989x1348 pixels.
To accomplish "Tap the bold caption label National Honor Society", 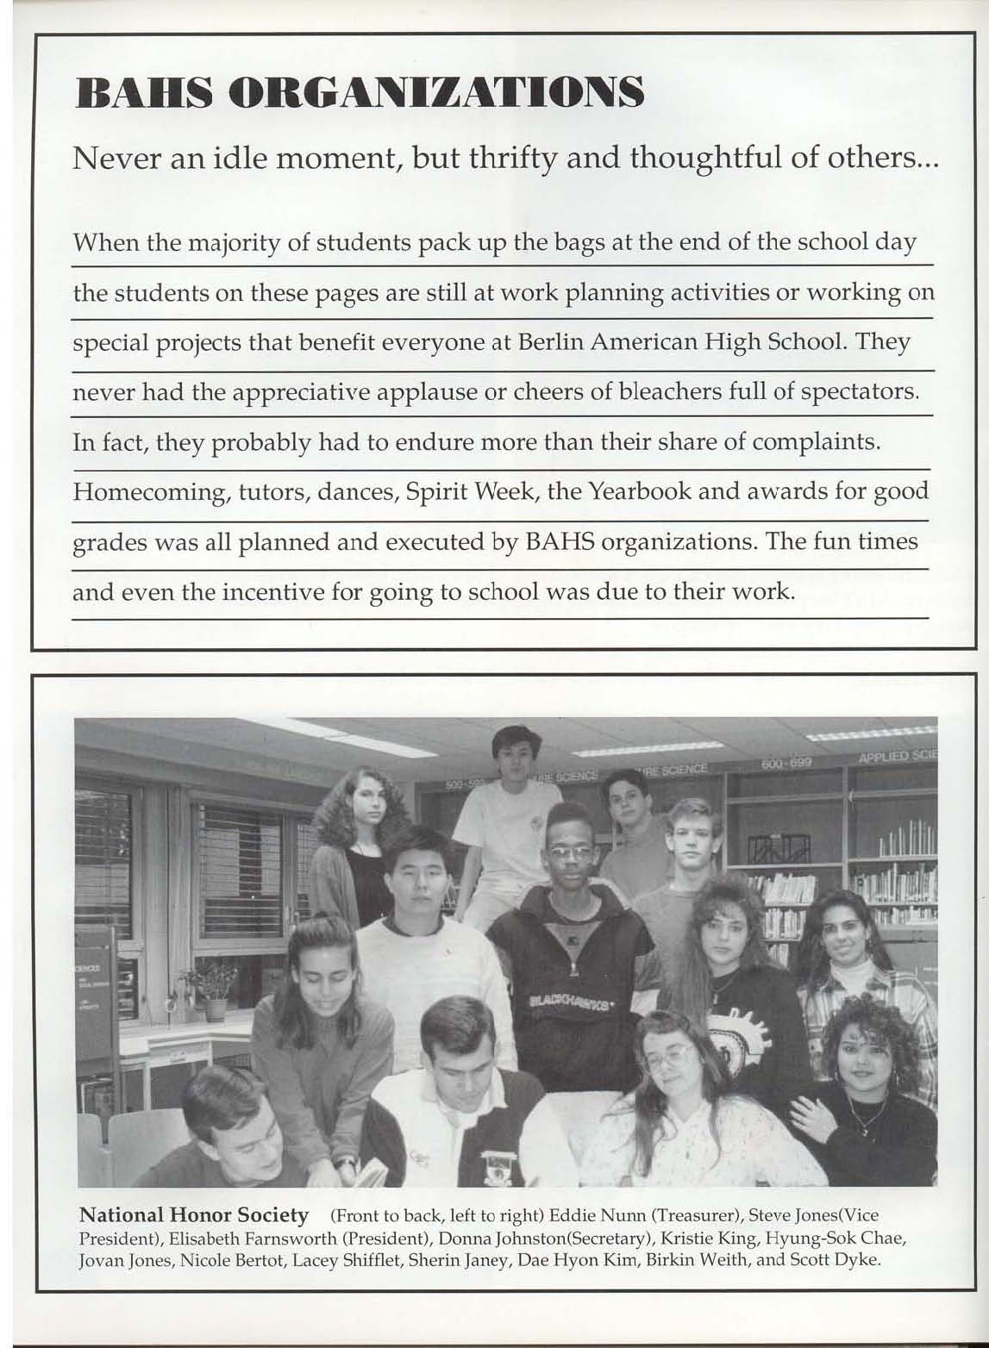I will (194, 1215).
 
